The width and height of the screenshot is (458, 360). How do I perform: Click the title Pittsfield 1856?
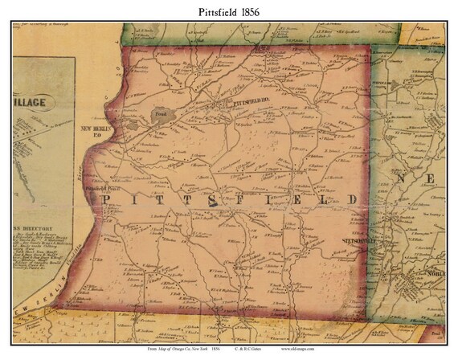(228, 11)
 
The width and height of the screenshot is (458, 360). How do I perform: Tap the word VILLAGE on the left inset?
(31, 101)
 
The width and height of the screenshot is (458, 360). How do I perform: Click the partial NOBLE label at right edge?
(443, 293)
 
